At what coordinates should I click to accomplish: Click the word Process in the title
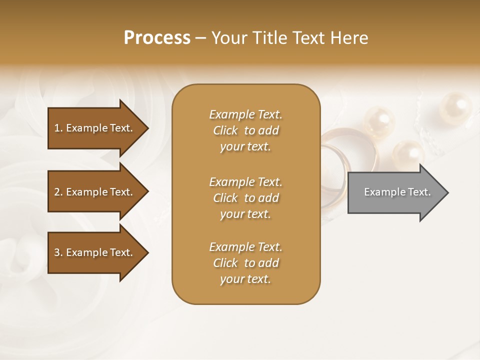coord(157,38)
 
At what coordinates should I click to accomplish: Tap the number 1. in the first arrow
coord(58,128)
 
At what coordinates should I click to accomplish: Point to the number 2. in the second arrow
coord(58,192)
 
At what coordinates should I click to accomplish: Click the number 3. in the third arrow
coord(58,252)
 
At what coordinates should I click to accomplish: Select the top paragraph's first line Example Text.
coord(245,114)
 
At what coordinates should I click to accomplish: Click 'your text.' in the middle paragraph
coord(245,214)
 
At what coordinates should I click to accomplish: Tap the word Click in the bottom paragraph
coord(225,263)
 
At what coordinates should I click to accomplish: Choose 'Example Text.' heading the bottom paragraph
coord(245,247)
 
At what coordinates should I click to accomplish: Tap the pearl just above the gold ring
coord(379,123)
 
